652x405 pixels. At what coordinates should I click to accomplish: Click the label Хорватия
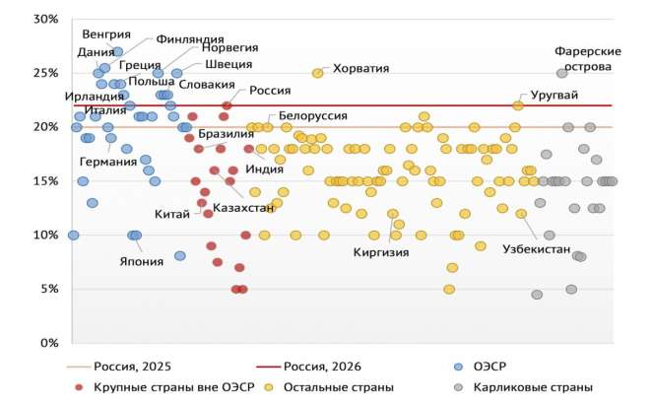click(x=361, y=69)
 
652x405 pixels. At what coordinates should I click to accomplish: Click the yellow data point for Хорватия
click(x=318, y=73)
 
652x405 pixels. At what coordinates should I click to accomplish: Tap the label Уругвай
click(x=554, y=96)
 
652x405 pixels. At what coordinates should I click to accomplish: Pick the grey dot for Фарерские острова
click(x=562, y=73)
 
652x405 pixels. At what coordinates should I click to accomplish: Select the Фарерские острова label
click(x=587, y=58)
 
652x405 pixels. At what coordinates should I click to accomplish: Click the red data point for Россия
click(x=227, y=104)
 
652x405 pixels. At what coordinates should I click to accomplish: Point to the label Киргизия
click(x=380, y=251)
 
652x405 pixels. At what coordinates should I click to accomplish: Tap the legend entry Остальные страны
click(x=339, y=387)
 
